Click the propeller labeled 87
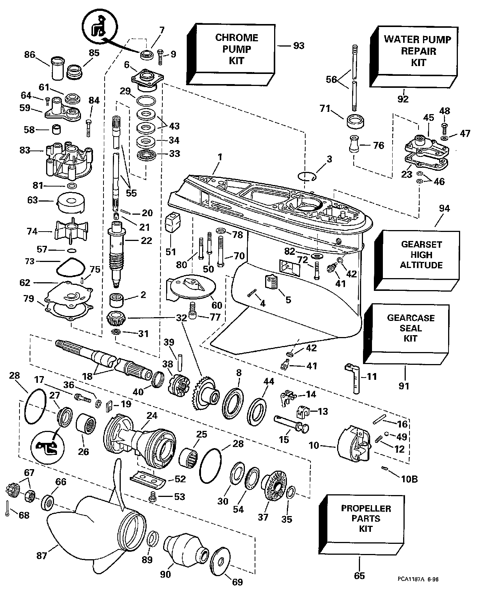(x=94, y=525)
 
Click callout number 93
(x=299, y=46)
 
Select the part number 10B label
(x=410, y=479)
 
